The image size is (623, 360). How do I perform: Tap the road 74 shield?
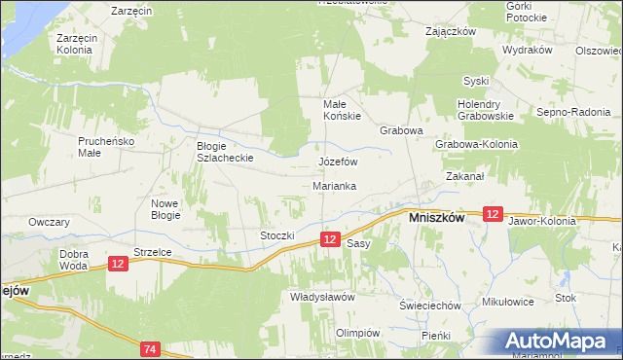(149, 348)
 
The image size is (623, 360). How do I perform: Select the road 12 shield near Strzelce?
(118, 263)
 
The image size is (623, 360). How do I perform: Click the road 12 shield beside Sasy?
(331, 239)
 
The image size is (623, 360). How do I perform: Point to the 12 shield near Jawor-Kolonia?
(493, 214)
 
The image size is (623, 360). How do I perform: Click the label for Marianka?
(334, 185)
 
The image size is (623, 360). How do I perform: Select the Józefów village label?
(339, 162)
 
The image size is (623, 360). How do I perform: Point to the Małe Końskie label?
(342, 109)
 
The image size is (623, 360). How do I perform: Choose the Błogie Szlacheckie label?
(226, 151)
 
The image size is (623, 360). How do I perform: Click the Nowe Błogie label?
(165, 209)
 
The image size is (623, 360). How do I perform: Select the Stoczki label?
(276, 235)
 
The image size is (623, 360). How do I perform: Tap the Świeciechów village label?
(429, 306)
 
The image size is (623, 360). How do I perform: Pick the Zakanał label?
(465, 177)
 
